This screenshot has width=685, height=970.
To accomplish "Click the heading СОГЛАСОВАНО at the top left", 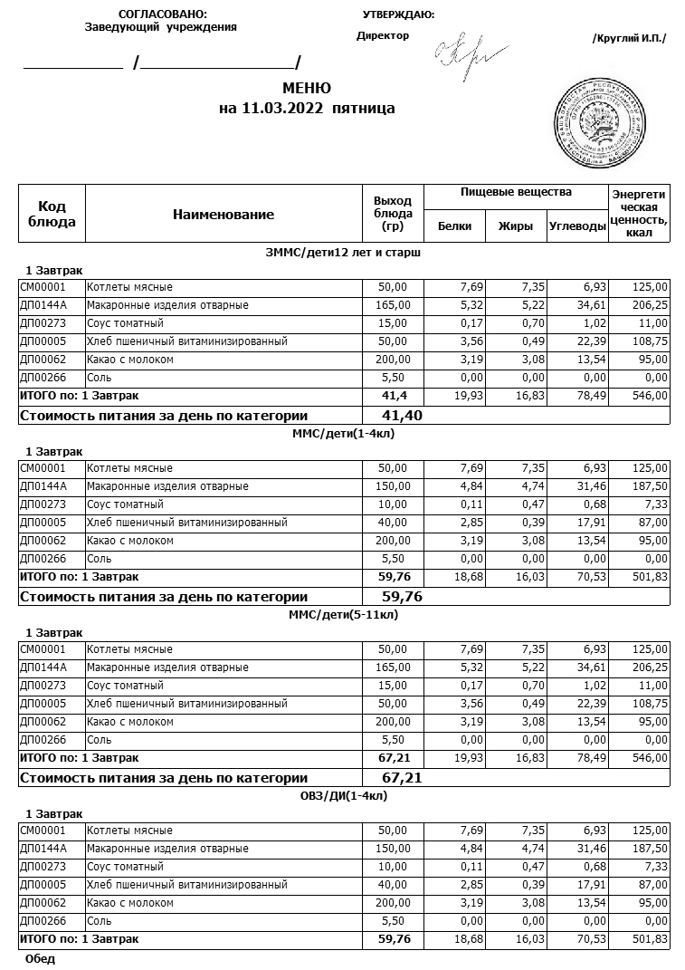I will [162, 14].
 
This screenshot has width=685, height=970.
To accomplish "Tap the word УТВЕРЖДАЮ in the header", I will [398, 14].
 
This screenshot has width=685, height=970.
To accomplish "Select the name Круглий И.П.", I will [628, 38].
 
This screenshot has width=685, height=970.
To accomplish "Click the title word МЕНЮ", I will [307, 89].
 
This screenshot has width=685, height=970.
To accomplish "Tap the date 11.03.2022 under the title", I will [285, 109].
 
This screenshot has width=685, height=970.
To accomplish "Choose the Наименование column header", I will [224, 215].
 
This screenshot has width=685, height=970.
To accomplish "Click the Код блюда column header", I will [52, 215].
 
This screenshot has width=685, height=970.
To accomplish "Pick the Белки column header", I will [454, 226].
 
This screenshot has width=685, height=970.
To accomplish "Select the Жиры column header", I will [516, 226].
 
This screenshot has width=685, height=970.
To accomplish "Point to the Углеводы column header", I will [577, 226].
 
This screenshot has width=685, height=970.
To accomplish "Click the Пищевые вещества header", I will [516, 193].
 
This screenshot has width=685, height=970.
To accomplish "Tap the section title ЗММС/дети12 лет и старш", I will [344, 252].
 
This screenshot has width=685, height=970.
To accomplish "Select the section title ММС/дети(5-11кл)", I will [344, 614].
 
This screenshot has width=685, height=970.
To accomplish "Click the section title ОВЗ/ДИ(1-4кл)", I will [344, 795].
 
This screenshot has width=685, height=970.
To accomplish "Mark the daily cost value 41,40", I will [403, 416].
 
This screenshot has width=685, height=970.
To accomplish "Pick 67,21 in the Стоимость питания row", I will [403, 778].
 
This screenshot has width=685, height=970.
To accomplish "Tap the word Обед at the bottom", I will [41, 958].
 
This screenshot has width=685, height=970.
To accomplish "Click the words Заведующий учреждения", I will [161, 27].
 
